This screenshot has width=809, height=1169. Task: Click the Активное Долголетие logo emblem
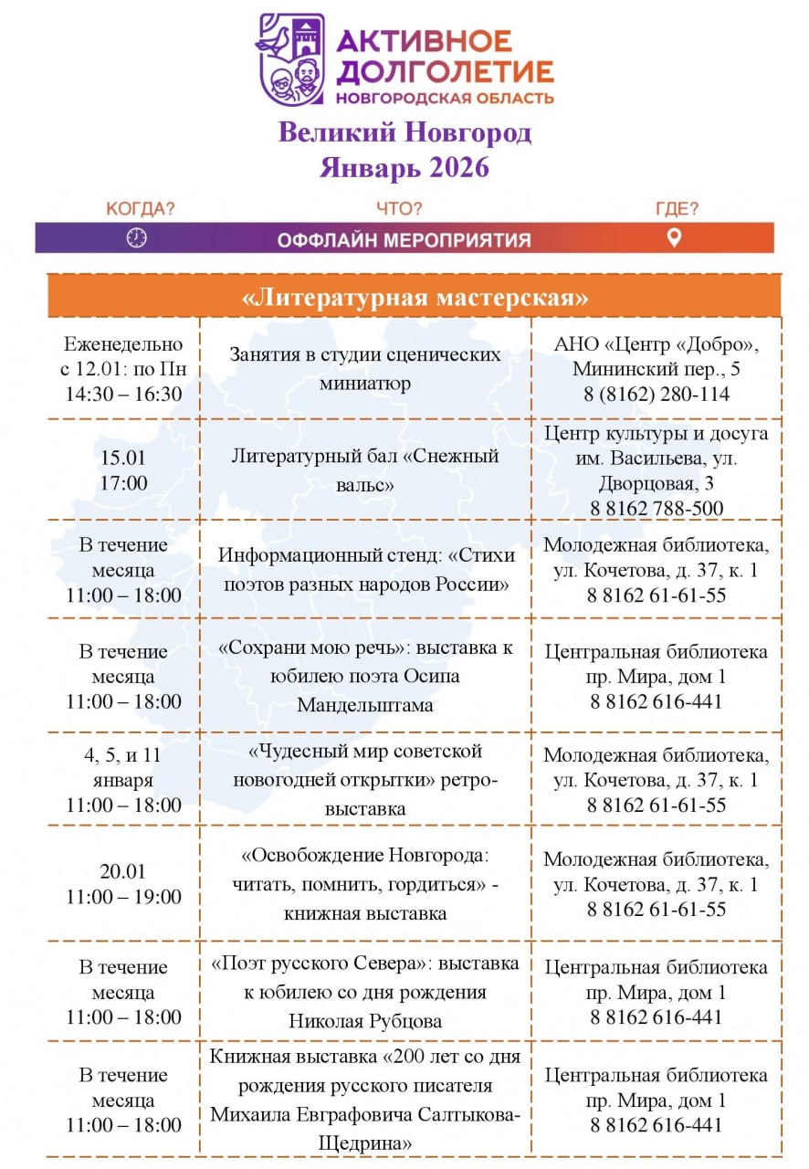[x=291, y=59]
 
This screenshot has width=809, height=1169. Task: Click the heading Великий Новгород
[x=404, y=133]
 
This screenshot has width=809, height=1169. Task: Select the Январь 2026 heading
[x=404, y=168]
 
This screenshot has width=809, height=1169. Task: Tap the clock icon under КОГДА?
[x=136, y=238]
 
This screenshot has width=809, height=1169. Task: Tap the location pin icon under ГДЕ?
[x=674, y=238]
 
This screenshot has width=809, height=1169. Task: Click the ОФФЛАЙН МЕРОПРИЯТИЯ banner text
[x=404, y=240]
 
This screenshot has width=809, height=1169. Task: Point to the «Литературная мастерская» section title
[x=415, y=299]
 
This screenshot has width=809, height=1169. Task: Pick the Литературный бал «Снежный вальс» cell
[x=364, y=470]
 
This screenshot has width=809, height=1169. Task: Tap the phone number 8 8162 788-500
[x=657, y=509]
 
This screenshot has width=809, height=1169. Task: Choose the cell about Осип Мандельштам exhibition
[x=365, y=677]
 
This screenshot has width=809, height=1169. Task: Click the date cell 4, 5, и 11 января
[x=123, y=780]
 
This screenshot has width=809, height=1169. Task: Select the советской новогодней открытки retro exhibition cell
[x=365, y=780]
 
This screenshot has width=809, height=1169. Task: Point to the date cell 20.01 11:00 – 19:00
[x=123, y=884]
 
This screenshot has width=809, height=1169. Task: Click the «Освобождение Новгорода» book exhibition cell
[x=365, y=884]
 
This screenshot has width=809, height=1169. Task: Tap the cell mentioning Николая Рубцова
[x=365, y=992]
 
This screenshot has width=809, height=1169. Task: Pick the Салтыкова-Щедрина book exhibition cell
[x=365, y=1100]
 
